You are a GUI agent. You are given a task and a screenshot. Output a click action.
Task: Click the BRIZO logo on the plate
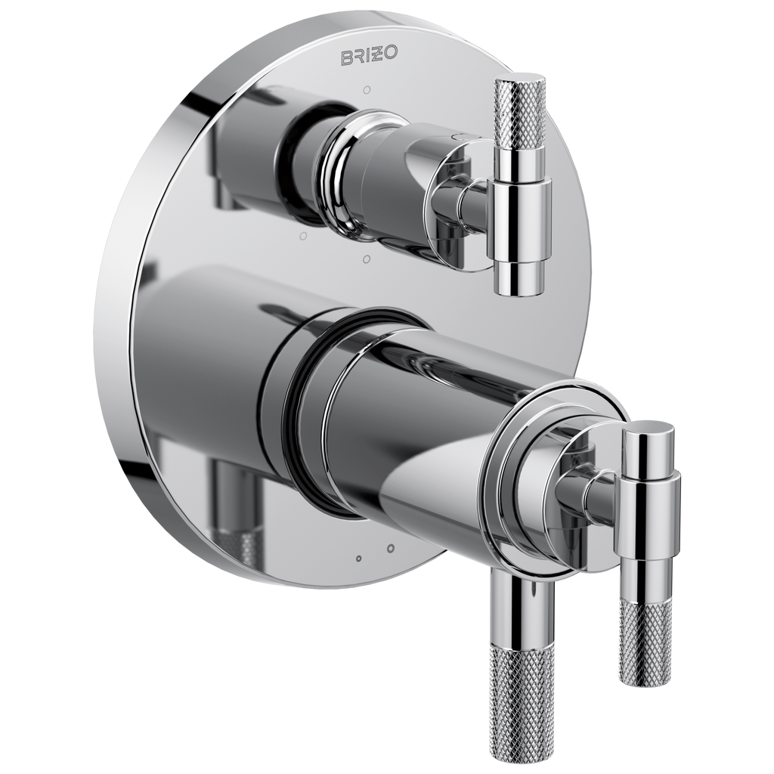369,56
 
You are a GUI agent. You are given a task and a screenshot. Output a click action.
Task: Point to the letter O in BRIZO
390,54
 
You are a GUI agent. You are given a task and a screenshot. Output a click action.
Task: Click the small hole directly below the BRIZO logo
367,91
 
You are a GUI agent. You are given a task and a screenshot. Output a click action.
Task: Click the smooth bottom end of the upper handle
519,279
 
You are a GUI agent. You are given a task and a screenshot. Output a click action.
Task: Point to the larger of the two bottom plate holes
391,549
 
